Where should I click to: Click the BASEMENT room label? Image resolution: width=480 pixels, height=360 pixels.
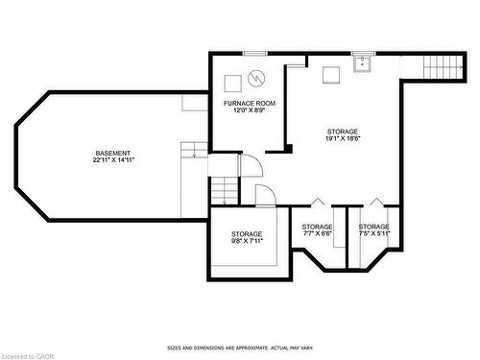click(112, 154)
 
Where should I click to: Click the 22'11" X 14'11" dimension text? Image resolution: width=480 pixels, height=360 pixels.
click(112, 161)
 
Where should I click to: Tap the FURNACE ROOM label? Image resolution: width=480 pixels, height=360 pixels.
click(250, 103)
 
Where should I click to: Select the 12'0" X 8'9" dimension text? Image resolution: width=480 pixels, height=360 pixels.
click(250, 110)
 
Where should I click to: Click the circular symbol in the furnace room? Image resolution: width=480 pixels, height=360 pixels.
click(256, 78)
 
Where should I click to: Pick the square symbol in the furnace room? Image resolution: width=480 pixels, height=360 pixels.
click(233, 82)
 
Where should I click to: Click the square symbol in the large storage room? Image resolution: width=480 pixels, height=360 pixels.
click(331, 73)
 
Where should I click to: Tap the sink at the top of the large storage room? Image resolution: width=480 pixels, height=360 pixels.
click(363, 64)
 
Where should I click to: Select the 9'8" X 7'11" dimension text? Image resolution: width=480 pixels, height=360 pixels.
click(247, 241)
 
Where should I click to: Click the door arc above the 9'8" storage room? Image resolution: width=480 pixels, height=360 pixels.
click(265, 194)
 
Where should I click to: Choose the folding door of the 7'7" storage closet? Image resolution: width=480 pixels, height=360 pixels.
click(317, 202)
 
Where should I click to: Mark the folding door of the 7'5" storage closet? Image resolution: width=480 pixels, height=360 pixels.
click(375, 202)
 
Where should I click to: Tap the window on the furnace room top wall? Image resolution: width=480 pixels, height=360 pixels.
click(254, 53)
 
